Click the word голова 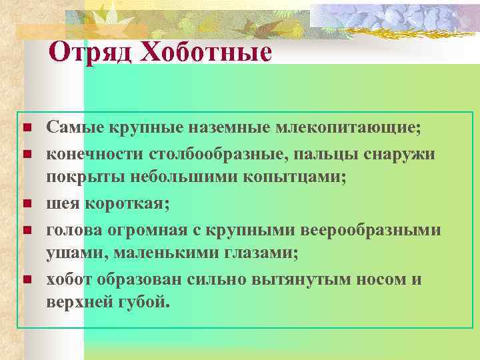point(71,229)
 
